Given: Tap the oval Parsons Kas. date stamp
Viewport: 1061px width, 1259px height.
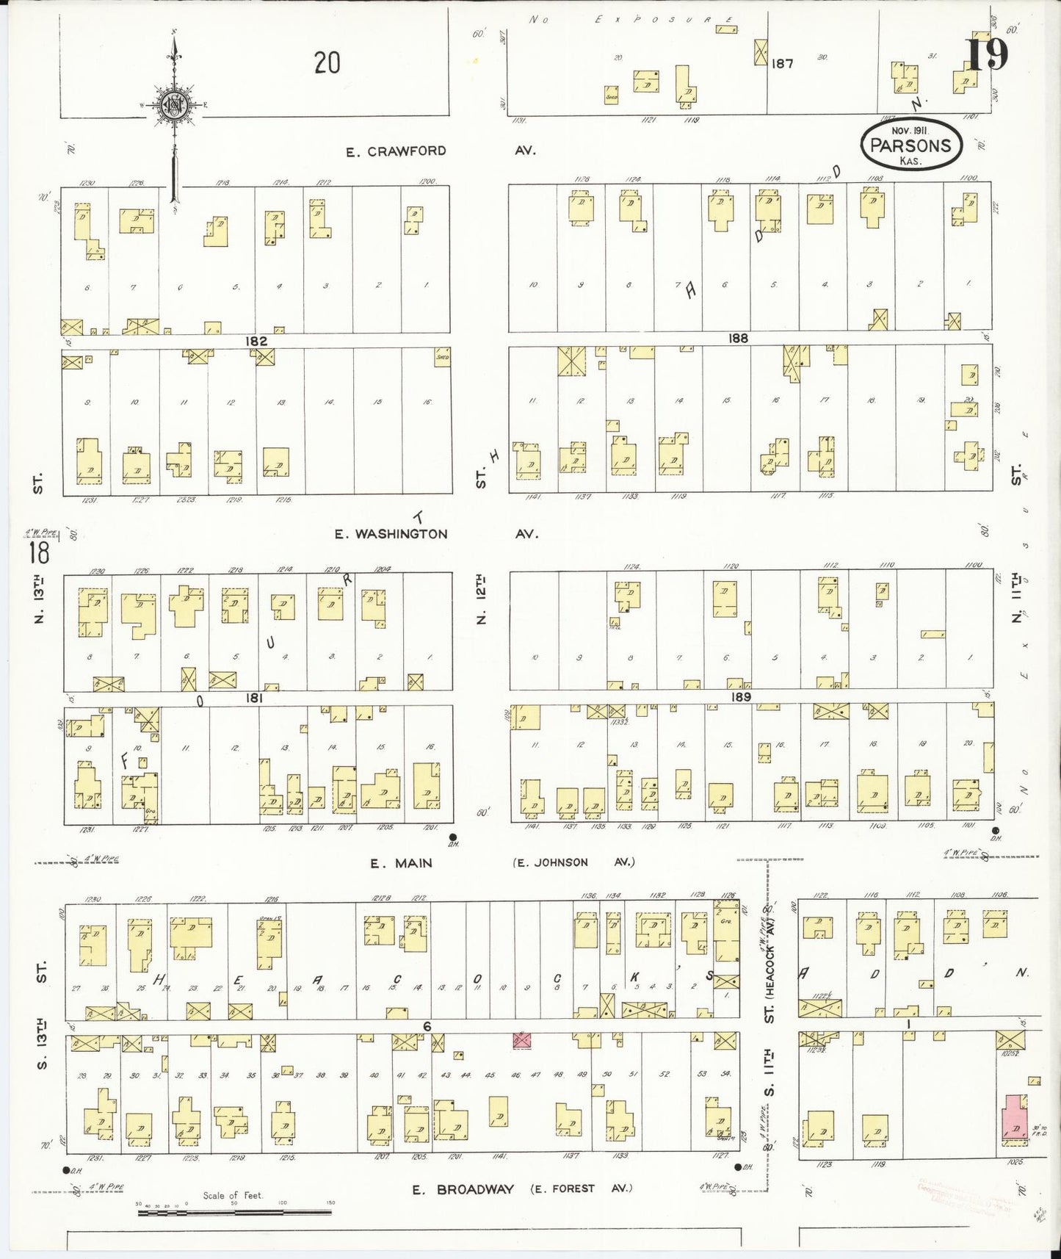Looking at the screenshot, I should (910, 144).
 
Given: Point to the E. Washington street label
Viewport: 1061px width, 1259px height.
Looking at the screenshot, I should (391, 534).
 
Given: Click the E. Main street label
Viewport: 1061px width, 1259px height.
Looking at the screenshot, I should (401, 863).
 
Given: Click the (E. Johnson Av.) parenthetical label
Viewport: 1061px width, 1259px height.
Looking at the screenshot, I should (573, 862).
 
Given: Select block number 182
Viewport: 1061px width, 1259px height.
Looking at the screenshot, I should (256, 341).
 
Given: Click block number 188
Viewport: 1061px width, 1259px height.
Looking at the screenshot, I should (738, 338).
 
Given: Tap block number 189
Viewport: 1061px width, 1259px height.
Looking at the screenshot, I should (741, 696).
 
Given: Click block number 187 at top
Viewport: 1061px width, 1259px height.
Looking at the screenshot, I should (783, 64).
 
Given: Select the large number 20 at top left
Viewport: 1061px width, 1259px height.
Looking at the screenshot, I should (327, 63).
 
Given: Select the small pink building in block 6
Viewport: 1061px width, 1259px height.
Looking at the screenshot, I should (522, 1039).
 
